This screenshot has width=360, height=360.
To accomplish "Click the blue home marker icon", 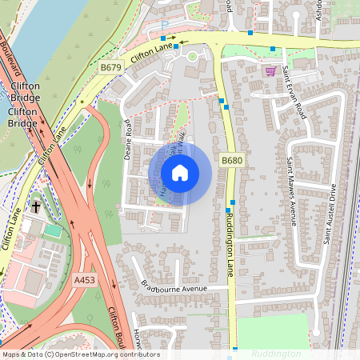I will click(180, 173).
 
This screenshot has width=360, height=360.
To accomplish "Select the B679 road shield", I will click(110, 68).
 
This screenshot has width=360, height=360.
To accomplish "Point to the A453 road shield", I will click(84, 280).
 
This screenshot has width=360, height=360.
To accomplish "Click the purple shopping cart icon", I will click(270, 70).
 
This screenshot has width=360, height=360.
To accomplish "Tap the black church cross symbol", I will click(36, 206).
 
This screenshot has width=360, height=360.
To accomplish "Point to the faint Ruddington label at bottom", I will click(276, 353).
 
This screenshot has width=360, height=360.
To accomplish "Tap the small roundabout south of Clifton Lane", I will click(191, 56).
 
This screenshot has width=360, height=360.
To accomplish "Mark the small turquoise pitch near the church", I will click(52, 231).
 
